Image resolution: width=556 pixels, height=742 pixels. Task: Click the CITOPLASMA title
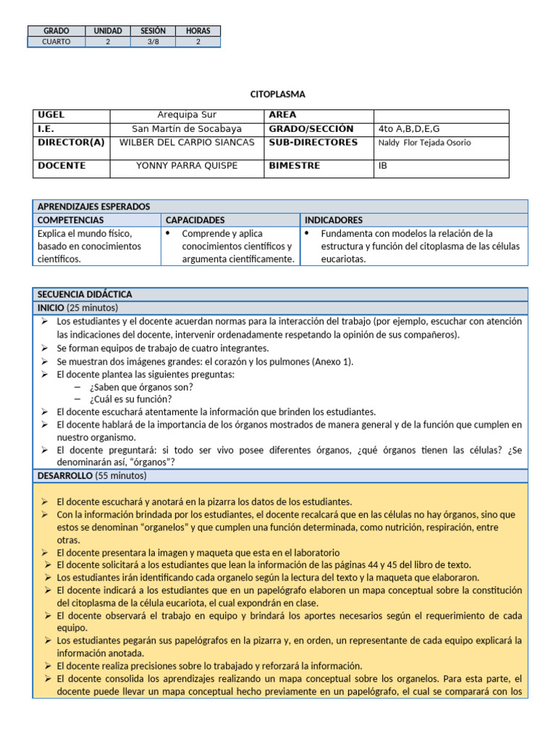[x=277, y=94]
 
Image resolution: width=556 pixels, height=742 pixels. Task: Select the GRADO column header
[x=56, y=31]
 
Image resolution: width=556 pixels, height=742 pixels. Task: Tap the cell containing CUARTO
[x=56, y=42]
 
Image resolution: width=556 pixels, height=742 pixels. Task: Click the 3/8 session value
[x=153, y=42]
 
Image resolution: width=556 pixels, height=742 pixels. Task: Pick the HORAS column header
[x=198, y=31]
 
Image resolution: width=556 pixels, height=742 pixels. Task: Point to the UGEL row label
[x=51, y=115]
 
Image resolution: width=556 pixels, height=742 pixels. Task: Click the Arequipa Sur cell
[x=186, y=115]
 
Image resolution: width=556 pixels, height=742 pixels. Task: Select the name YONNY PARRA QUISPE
[x=186, y=166]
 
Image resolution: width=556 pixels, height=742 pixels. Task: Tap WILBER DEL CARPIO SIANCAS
[x=186, y=143]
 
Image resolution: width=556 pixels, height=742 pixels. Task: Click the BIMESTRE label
[x=294, y=166]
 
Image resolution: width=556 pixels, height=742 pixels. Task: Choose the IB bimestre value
[x=383, y=166]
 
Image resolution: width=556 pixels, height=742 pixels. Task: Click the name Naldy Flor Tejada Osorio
[x=424, y=143]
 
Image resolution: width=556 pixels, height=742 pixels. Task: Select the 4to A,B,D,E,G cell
[x=409, y=129]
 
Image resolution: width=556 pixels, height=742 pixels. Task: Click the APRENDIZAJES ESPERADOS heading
[x=93, y=207]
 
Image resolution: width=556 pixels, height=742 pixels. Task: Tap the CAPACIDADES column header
[x=195, y=220]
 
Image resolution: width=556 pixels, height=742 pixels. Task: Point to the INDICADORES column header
[x=334, y=220]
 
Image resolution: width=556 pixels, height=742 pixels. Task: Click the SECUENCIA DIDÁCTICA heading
[x=85, y=294]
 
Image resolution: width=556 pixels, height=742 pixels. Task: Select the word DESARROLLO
[x=65, y=475]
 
